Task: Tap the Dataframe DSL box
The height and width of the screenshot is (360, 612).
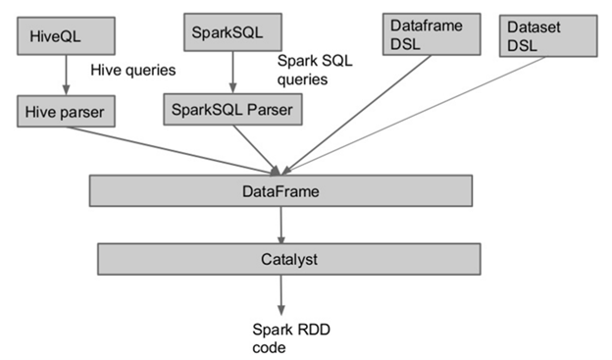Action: pyautogui.click(x=428, y=35)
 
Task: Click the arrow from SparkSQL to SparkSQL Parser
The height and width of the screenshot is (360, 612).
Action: pyautogui.click(x=231, y=72)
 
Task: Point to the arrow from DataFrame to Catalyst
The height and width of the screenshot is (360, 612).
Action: pyautogui.click(x=282, y=225)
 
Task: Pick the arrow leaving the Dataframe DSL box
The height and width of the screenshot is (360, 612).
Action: pyautogui.click(x=363, y=108)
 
